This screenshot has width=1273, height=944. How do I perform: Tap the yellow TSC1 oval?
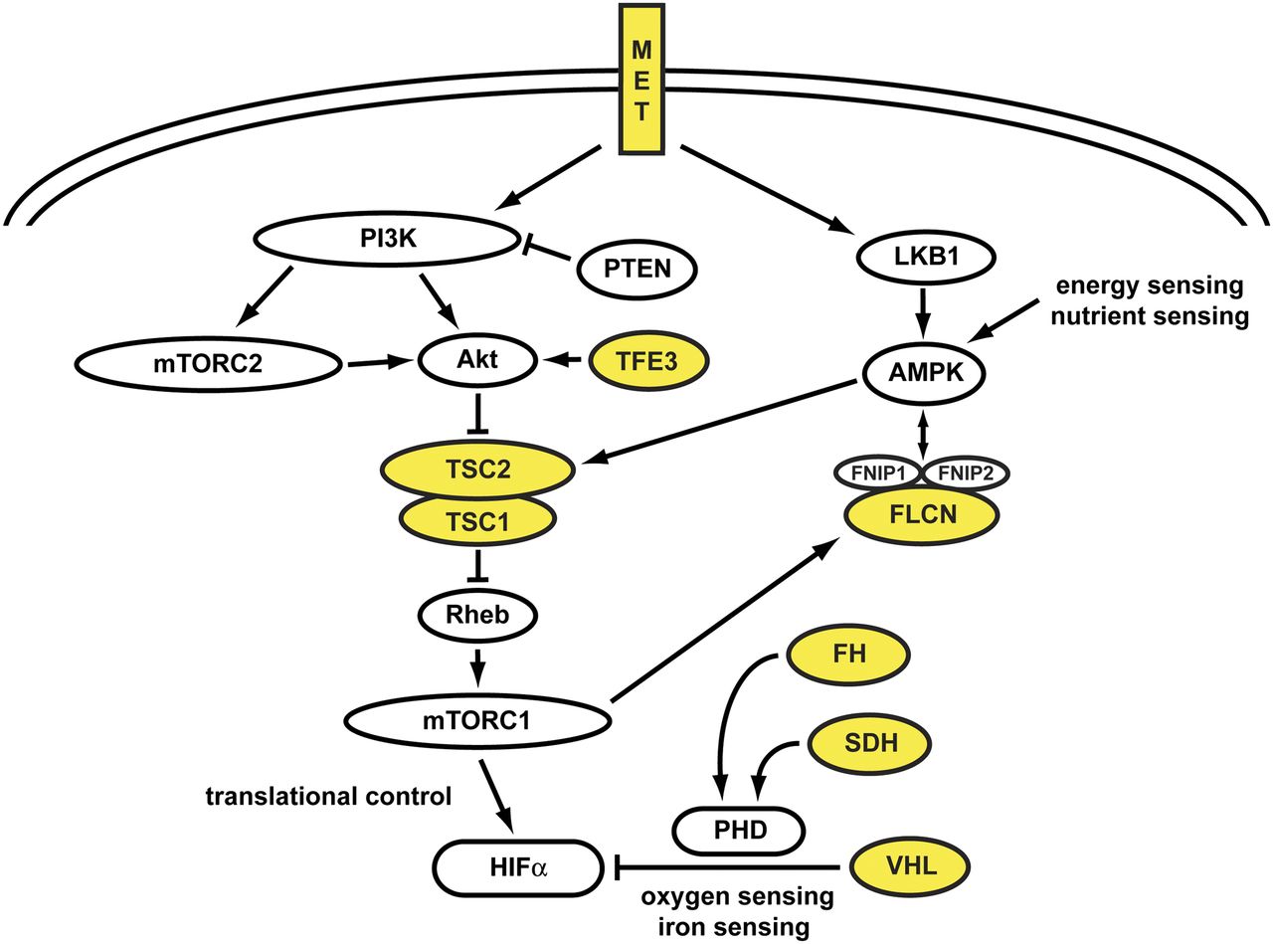(x=476, y=520)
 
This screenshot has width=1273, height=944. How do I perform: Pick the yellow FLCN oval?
(x=922, y=515)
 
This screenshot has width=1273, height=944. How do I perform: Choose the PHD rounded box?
(x=740, y=828)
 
